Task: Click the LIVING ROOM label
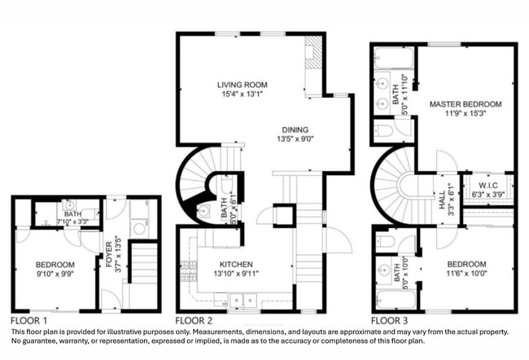point(242,85)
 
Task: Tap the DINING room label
point(295,130)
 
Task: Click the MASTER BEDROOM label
point(466,104)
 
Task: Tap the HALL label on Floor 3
point(442,195)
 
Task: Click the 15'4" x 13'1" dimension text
point(242,94)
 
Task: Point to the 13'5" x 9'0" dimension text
point(295,139)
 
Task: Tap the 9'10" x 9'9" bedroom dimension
point(55,274)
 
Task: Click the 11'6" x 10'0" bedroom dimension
point(466,274)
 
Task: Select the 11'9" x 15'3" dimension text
point(466,114)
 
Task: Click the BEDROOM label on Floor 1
point(55,265)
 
